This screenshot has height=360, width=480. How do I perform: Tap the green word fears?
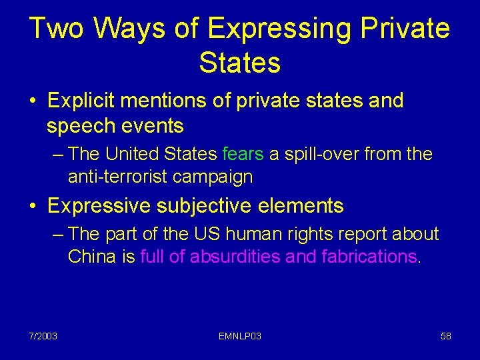click(x=243, y=155)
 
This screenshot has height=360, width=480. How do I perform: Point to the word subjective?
click(x=200, y=206)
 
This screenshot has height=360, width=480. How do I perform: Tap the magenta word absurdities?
click(x=235, y=257)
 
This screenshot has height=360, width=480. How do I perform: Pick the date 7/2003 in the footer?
click(x=43, y=336)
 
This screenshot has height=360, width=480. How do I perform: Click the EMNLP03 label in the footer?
click(x=239, y=336)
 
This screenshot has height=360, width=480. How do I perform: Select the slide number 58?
click(x=446, y=336)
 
